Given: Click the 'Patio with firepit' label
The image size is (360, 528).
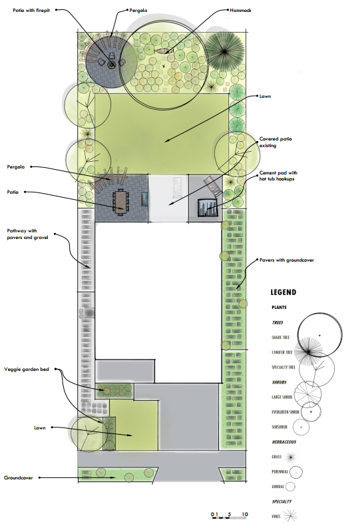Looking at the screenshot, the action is (31, 11).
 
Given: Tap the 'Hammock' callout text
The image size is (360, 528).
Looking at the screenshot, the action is (241, 11).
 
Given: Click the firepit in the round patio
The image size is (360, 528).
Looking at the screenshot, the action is (111, 65).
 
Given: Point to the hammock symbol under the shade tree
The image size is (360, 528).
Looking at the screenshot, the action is (164, 51).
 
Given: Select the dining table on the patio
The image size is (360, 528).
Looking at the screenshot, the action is (121, 200).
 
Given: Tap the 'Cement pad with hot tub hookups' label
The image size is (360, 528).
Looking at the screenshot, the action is (278, 176).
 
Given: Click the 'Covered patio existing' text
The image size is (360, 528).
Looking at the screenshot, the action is (275, 142).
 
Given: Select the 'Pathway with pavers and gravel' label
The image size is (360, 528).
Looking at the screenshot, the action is (27, 234).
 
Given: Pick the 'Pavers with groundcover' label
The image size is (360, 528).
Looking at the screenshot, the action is (286, 260).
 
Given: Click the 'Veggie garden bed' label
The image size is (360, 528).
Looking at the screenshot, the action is (27, 369).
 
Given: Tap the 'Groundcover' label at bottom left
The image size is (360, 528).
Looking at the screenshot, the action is (19, 477).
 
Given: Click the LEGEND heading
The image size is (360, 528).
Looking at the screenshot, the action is (283, 292).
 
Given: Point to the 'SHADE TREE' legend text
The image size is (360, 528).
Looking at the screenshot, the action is (280, 337).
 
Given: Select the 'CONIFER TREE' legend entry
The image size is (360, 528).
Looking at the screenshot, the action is (282, 352).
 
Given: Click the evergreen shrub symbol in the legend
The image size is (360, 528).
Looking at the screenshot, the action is (311, 412).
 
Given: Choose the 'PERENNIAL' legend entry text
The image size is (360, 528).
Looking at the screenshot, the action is (280, 471).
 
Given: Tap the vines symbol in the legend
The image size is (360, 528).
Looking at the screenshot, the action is (290, 515).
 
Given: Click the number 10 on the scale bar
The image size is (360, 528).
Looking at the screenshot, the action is (245, 514).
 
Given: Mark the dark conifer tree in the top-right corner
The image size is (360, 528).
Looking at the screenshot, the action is (224, 51).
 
